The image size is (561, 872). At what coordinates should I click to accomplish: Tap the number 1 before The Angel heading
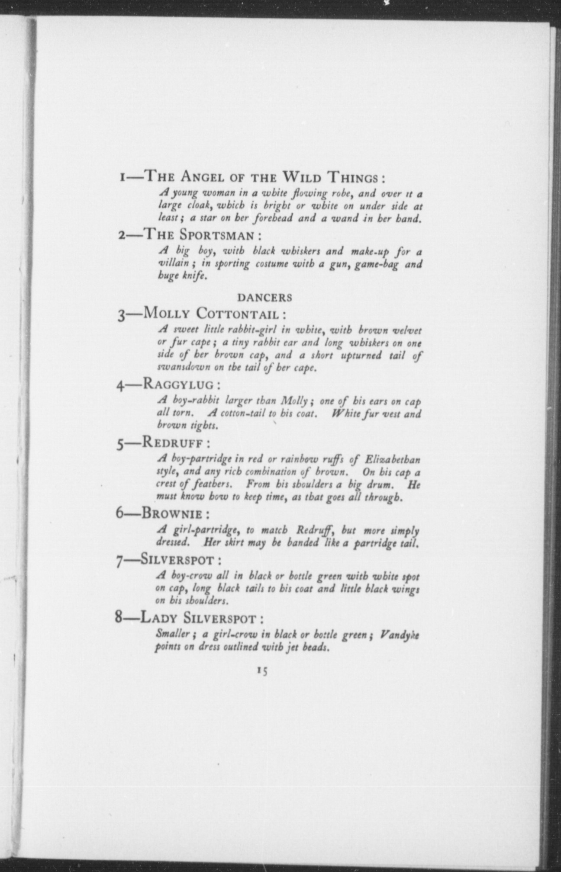tap(123, 178)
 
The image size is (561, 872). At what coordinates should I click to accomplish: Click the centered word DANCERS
tap(264, 298)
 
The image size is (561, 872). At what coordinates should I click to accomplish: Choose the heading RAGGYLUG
tap(178, 384)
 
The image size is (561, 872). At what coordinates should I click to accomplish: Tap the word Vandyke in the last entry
tap(400, 635)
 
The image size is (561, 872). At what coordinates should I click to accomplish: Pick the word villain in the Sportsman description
tap(174, 263)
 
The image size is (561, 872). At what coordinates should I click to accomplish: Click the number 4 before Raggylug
tap(120, 385)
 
